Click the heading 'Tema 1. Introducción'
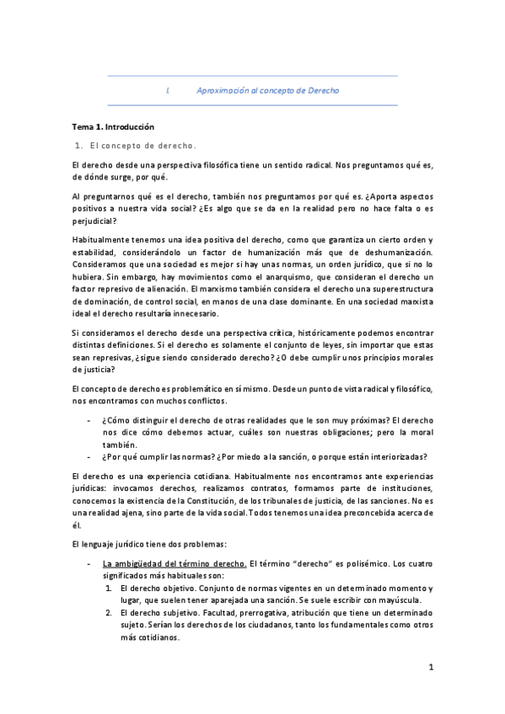pyautogui.click(x=114, y=126)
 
